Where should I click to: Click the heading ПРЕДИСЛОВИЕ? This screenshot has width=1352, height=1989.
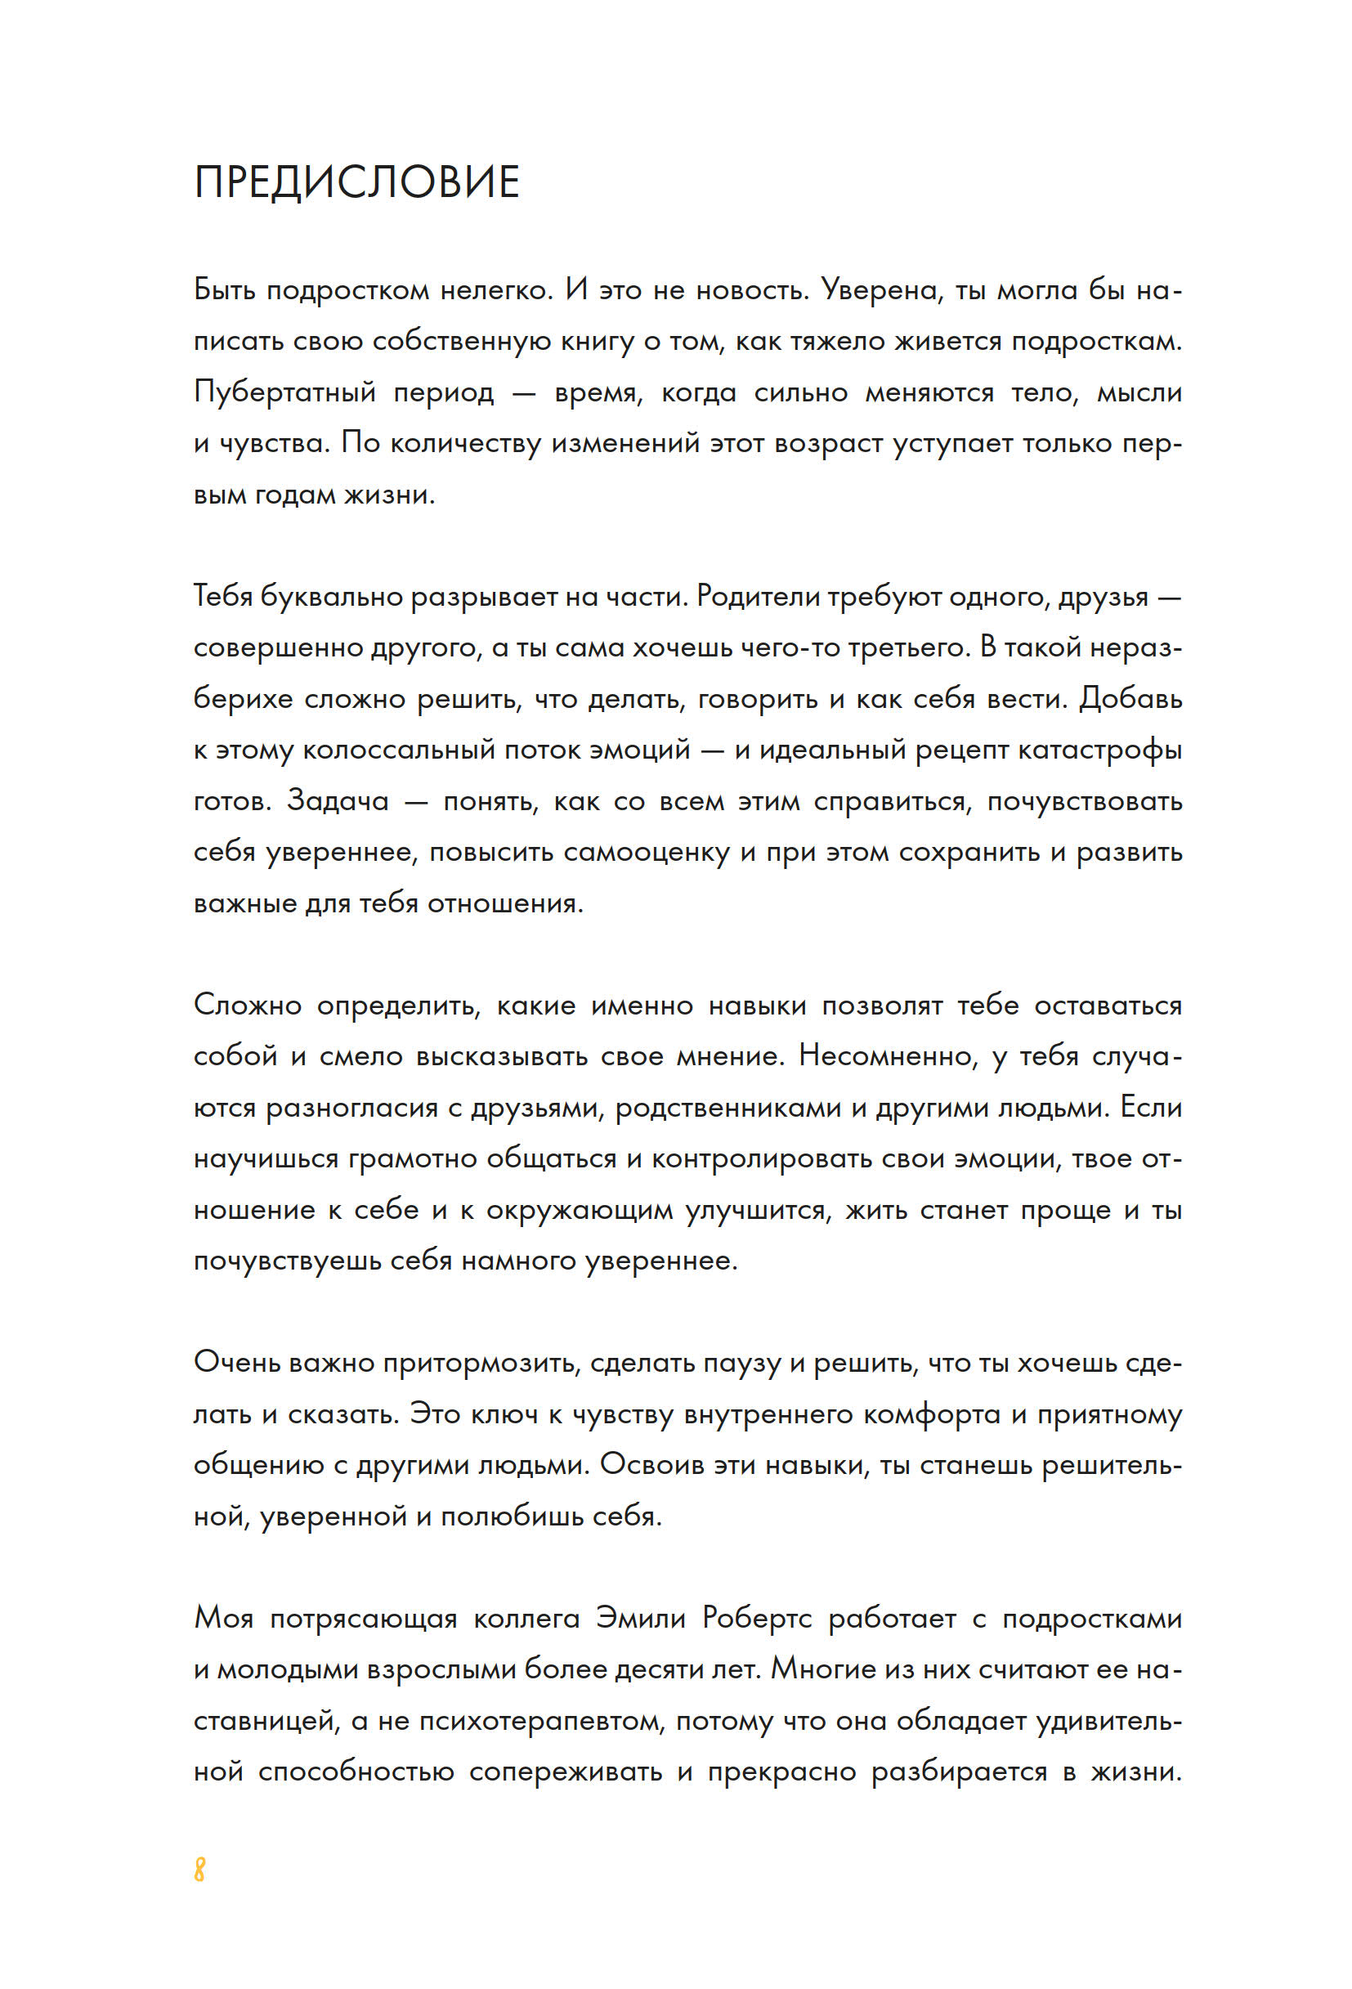[357, 182]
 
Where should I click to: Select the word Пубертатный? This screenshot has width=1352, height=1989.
[285, 393]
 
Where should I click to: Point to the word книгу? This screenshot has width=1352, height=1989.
[597, 342]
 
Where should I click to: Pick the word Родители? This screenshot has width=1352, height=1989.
[757, 597]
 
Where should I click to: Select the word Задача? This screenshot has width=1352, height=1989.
[338, 801]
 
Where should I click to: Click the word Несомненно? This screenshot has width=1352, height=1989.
[888, 1056]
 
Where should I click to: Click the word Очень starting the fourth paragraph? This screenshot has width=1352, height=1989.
[236, 1362]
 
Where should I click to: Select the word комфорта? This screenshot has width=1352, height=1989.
[931, 1413]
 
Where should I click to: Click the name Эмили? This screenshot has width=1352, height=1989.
[640, 1618]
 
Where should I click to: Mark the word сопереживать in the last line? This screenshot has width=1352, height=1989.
[565, 1771]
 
